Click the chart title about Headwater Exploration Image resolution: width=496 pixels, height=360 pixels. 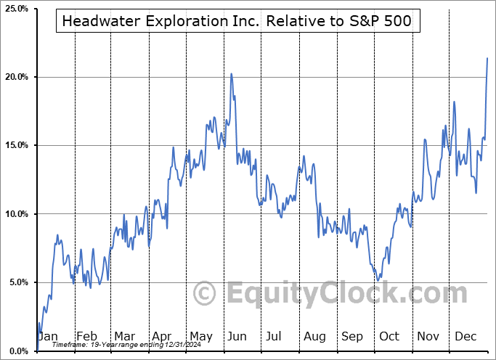tap(237, 21)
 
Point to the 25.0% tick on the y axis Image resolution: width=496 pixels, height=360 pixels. tap(15, 9)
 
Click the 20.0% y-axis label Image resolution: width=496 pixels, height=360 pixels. tap(15, 77)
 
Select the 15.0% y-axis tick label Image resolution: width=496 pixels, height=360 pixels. tap(15, 145)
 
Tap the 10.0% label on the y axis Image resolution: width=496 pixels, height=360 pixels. tap(15, 213)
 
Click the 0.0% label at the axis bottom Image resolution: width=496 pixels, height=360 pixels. tap(17, 351)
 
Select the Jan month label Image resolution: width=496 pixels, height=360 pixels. tap(48, 336)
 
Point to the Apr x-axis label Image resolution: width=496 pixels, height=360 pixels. tap(161, 336)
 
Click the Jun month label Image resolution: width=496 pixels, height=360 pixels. tap(237, 336)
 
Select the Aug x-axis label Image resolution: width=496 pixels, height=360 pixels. tap(314, 336)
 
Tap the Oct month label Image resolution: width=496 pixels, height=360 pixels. tap(389, 336)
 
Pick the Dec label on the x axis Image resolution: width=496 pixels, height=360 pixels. tap(465, 336)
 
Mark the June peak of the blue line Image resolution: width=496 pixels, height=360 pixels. tap(232, 73)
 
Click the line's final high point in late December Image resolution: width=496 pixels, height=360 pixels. tap(487, 58)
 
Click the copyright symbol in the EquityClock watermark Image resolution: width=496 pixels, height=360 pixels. tap(205, 294)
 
